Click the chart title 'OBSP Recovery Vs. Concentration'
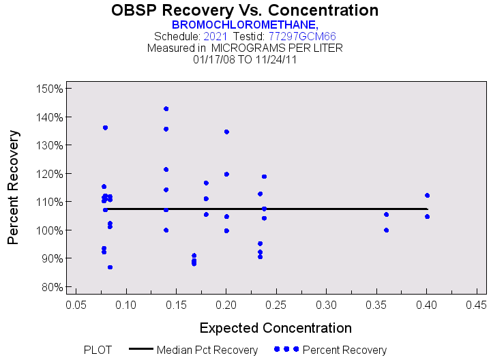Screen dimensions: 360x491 point(245,10)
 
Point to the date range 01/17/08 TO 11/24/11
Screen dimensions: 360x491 point(245,59)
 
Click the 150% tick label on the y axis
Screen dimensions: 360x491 point(49,89)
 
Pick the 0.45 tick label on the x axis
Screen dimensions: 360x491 point(477,303)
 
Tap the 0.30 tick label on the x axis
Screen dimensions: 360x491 point(326,303)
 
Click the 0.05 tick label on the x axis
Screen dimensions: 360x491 point(75,303)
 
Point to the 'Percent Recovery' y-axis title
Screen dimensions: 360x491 point(14,188)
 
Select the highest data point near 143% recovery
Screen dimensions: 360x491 point(166,109)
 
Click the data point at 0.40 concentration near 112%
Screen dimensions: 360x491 point(427,196)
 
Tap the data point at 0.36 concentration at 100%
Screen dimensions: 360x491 point(386,230)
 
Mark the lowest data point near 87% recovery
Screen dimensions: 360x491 point(110,267)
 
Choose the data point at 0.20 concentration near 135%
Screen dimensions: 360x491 point(226,132)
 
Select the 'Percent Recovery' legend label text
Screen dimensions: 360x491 point(344,350)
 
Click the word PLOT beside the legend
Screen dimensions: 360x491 point(98,350)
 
